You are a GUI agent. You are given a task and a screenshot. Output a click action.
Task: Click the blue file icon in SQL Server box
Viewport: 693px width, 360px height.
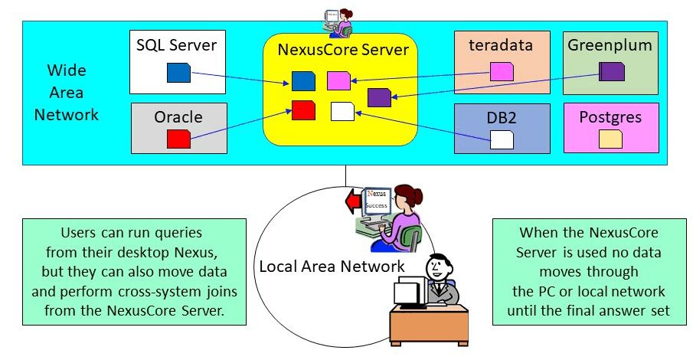(x=178, y=73)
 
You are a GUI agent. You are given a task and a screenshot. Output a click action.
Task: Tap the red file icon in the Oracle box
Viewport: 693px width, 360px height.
(x=178, y=139)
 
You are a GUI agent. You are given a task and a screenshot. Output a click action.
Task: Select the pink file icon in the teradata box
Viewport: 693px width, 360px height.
(x=502, y=71)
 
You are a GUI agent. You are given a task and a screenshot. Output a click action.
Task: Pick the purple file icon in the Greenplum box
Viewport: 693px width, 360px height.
(x=612, y=71)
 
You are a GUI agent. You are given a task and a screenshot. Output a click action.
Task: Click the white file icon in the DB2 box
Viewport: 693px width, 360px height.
(x=502, y=139)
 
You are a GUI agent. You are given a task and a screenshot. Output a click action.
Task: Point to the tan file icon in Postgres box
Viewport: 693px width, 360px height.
(x=610, y=139)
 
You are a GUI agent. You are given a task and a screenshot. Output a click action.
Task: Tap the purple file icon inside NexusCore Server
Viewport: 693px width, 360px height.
(x=379, y=97)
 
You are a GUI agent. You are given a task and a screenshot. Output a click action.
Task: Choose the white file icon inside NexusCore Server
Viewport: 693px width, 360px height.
(x=342, y=111)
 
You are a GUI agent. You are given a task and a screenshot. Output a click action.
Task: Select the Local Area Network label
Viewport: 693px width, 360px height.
(x=332, y=267)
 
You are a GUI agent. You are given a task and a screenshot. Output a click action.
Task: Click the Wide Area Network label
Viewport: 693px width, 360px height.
(x=72, y=93)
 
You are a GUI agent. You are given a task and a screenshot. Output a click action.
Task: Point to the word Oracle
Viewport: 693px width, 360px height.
(x=178, y=117)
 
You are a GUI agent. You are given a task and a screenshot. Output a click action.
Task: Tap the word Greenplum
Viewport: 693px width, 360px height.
(x=610, y=45)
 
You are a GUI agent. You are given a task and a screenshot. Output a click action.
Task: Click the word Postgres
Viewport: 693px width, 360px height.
(x=610, y=117)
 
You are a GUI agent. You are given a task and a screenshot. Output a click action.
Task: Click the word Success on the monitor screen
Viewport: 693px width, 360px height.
(x=375, y=206)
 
